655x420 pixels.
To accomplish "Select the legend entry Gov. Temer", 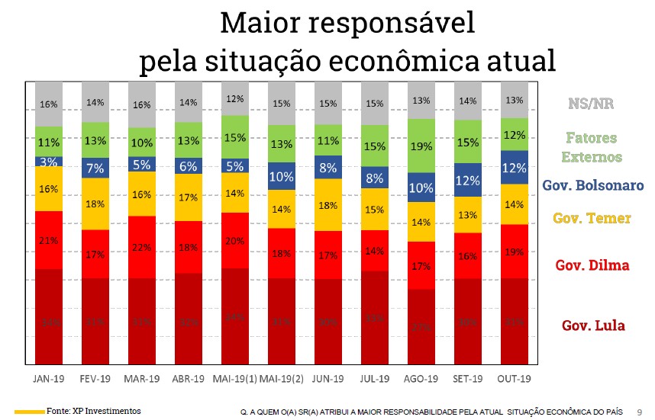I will [592, 219].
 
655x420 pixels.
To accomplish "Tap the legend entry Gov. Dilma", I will [592, 265].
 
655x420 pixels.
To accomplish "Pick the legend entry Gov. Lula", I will [593, 325].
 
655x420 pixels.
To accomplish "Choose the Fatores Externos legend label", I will [592, 148].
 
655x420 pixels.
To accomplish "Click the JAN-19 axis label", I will [49, 378].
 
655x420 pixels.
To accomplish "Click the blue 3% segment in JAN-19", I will [49, 162].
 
